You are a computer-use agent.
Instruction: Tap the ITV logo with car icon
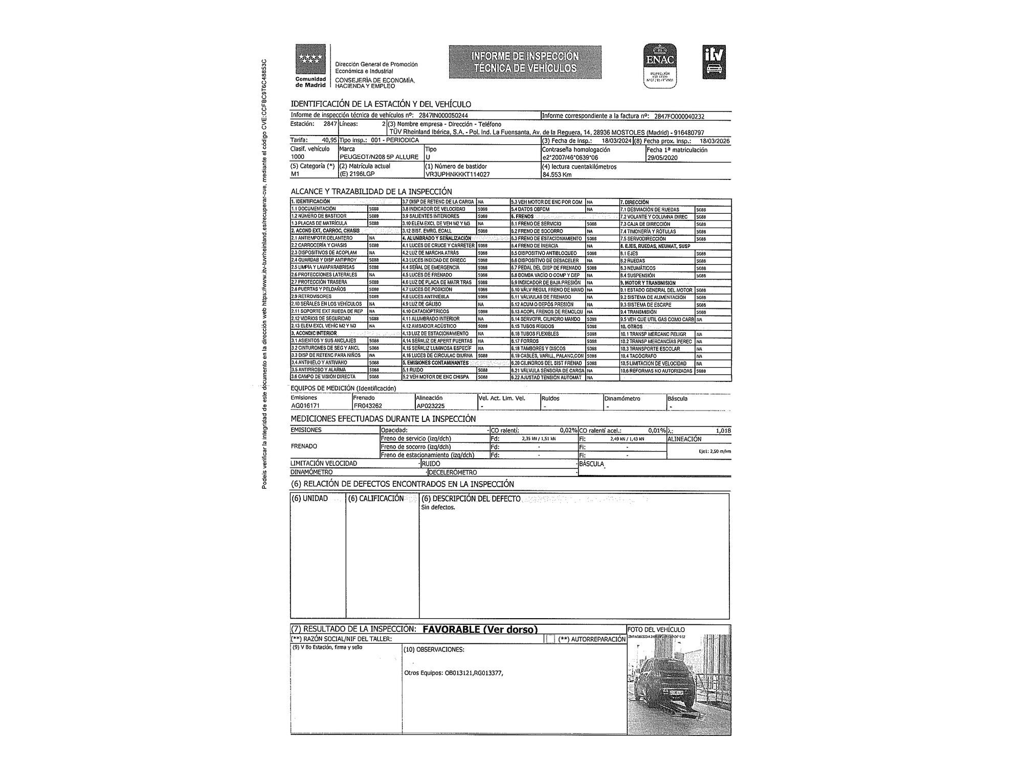pos(714,62)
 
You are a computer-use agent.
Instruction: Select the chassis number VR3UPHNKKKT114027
pos(457,174)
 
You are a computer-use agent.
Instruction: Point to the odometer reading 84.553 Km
pos(557,174)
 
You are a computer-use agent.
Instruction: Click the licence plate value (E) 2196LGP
pos(358,174)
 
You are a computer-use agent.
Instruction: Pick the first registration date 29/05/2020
pos(662,157)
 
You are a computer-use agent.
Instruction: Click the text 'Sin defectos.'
pos(438,508)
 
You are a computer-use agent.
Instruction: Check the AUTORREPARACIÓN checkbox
pos(549,639)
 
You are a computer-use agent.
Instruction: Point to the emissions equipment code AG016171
pos(305,405)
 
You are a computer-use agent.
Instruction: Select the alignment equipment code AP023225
pos(431,405)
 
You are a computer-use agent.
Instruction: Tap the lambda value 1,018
pos(723,431)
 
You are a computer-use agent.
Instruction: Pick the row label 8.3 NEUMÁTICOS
pos(638,268)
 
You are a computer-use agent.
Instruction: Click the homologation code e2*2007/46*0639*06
pos(570,157)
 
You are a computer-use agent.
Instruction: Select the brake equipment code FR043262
pos(368,405)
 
